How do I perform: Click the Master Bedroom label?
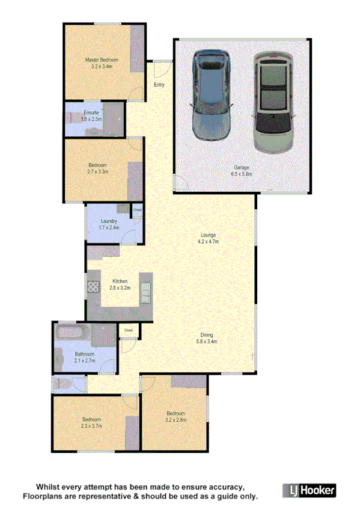pyautogui.click(x=101, y=60)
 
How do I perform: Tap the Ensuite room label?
pyautogui.click(x=91, y=112)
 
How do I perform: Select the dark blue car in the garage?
pyautogui.click(x=211, y=94)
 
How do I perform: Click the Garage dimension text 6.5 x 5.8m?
pyautogui.click(x=242, y=174)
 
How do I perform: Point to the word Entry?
pyautogui.click(x=159, y=85)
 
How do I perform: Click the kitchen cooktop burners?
pyautogui.click(x=94, y=287)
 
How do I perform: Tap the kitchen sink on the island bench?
pyautogui.click(x=145, y=294)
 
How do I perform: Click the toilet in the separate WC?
pyautogui.click(x=63, y=383)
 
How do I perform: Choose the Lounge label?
pyautogui.click(x=209, y=235)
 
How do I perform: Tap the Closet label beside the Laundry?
pyautogui.click(x=137, y=209)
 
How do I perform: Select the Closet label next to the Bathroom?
pyautogui.click(x=128, y=330)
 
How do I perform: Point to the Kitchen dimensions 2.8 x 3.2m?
pyautogui.click(x=120, y=288)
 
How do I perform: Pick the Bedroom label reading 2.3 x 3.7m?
pyautogui.click(x=91, y=426)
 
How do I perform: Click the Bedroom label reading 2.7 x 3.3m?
pyautogui.click(x=97, y=172)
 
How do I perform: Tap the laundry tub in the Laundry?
pyautogui.click(x=122, y=209)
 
